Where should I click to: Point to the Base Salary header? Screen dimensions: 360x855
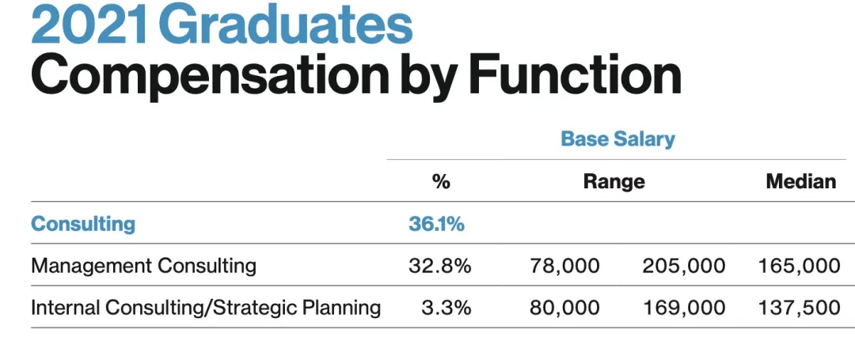tap(617, 139)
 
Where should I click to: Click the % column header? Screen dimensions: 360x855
tap(441, 181)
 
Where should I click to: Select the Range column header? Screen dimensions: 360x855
tap(614, 181)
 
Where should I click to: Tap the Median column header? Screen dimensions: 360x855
tap(800, 181)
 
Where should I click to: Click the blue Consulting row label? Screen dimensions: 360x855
tap(83, 223)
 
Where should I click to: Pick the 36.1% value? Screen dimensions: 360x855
tap(436, 223)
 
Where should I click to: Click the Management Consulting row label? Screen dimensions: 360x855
tap(143, 265)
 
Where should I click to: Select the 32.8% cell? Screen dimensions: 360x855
tap(439, 265)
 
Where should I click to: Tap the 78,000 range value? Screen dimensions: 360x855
tap(564, 265)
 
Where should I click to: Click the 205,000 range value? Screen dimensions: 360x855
tap(683, 265)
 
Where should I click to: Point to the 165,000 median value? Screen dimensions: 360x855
tap(799, 265)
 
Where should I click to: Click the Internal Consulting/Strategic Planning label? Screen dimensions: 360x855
tap(206, 307)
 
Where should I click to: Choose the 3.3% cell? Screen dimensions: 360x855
tap(446, 307)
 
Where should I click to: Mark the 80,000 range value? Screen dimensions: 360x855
tap(564, 307)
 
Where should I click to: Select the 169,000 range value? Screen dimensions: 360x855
tap(683, 307)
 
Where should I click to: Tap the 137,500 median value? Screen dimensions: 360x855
tap(799, 307)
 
